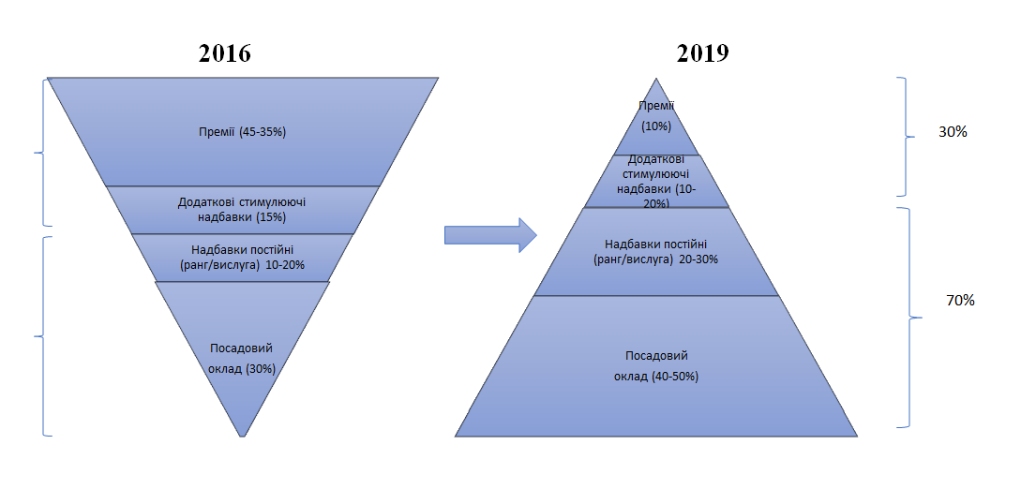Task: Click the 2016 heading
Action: pyautogui.click(x=225, y=52)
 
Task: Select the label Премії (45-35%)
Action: pyautogui.click(x=242, y=132)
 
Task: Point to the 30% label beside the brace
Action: pyautogui.click(x=953, y=132)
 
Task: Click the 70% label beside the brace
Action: pyautogui.click(x=961, y=301)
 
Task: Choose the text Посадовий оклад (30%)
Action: pyautogui.click(x=242, y=358)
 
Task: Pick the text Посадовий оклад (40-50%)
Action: pyautogui.click(x=656, y=366)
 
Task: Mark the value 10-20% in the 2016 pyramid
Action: pyautogui.click(x=285, y=264)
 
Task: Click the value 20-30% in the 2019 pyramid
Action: pyautogui.click(x=698, y=259)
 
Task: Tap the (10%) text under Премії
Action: pyautogui.click(x=656, y=126)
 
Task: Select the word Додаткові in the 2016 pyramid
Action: pyautogui.click(x=203, y=201)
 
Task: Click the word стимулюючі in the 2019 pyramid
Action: pyautogui.click(x=657, y=174)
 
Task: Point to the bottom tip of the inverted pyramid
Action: pyautogui.click(x=243, y=435)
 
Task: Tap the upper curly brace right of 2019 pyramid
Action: pyautogui.click(x=906, y=136)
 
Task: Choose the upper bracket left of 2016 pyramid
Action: pyautogui.click(x=41, y=152)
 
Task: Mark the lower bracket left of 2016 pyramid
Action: pyautogui.click(x=41, y=335)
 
